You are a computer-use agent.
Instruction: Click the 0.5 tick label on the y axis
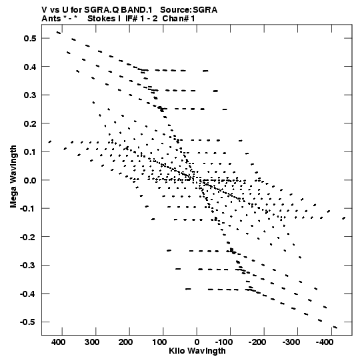[30, 38]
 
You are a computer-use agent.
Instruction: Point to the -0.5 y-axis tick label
[28, 322]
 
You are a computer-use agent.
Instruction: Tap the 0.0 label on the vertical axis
[30, 180]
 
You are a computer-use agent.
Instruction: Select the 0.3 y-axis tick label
[30, 95]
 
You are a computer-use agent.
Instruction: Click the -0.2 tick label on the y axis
[28, 237]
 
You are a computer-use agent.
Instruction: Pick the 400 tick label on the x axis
[58, 342]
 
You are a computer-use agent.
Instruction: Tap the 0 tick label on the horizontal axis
[197, 342]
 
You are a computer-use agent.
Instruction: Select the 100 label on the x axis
[159, 342]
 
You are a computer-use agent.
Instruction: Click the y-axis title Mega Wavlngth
[13, 177]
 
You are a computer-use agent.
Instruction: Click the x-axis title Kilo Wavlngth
[197, 351]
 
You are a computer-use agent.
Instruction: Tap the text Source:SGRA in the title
[189, 10]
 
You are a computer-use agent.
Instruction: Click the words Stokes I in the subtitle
[104, 19]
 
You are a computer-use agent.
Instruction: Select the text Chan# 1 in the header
[179, 19]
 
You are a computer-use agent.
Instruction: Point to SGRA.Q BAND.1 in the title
[118, 10]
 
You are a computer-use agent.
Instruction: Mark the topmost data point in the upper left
[59, 33]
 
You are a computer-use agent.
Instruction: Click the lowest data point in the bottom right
[335, 327]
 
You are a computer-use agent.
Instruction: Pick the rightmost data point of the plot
[344, 218]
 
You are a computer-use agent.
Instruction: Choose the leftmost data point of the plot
[50, 142]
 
